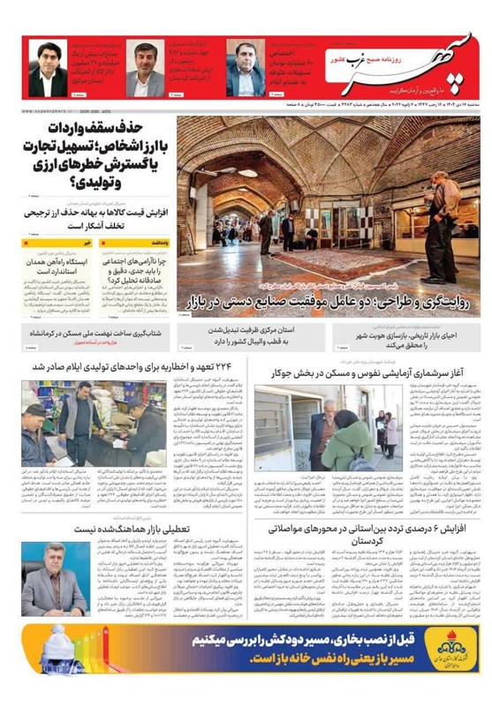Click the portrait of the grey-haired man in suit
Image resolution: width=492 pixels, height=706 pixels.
pos(49,578)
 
